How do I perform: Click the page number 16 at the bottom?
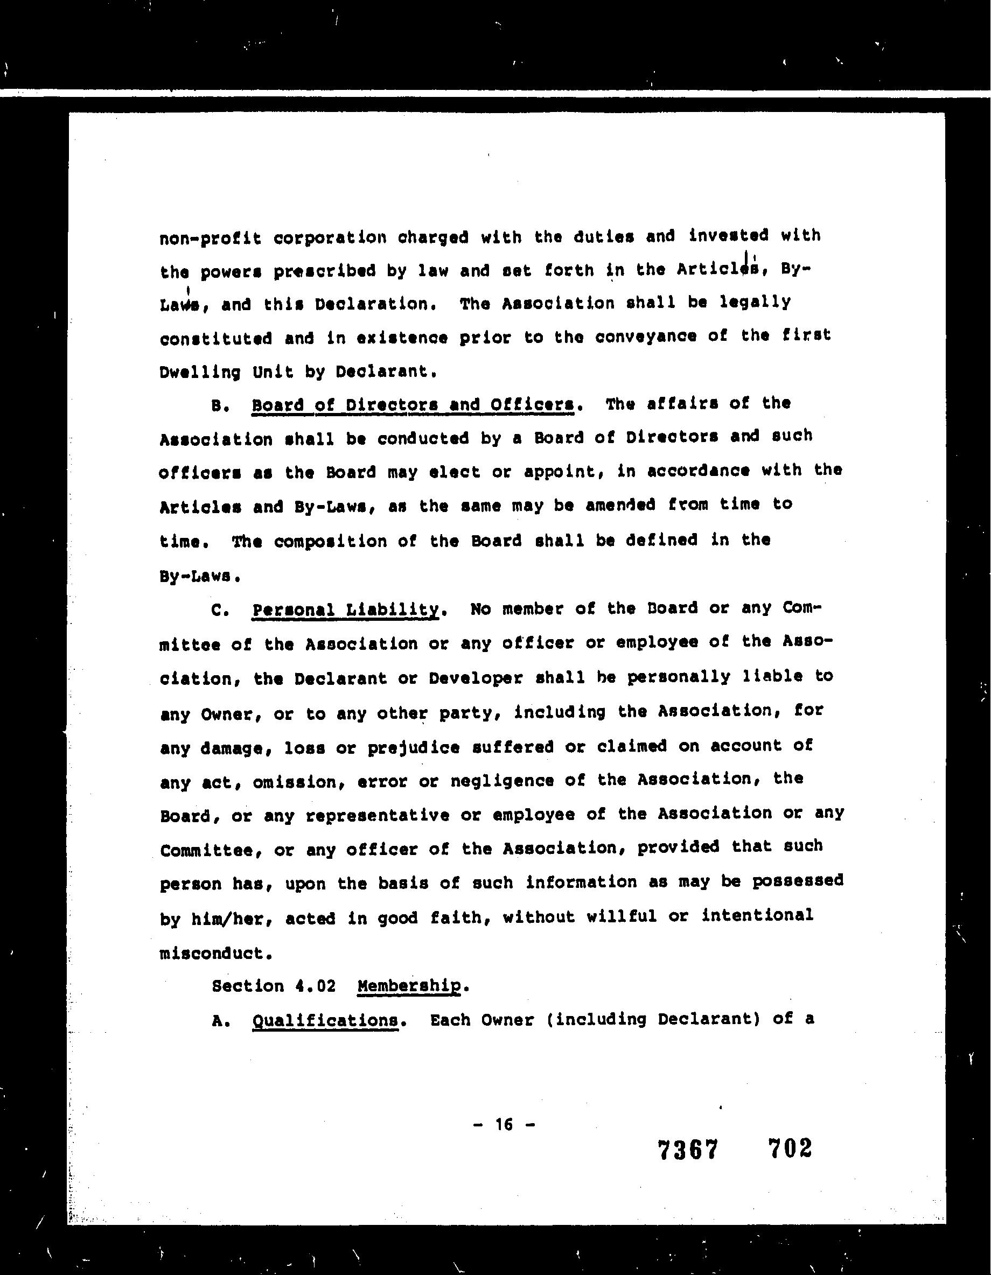pyautogui.click(x=504, y=1124)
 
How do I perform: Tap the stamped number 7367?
pyautogui.click(x=687, y=1150)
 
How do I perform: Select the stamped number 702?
pyautogui.click(x=790, y=1148)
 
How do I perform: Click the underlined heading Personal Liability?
pyautogui.click(x=345, y=610)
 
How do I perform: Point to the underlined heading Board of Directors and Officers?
pyautogui.click(x=412, y=404)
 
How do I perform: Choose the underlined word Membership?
pyautogui.click(x=409, y=986)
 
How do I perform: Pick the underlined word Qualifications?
pyautogui.click(x=325, y=1020)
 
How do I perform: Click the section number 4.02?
pyautogui.click(x=316, y=986)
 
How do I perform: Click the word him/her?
pyautogui.click(x=233, y=919)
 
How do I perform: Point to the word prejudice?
pyautogui.click(x=414, y=748)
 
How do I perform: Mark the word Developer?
pyautogui.click(x=476, y=678)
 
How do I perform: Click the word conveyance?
pyautogui.click(x=645, y=337)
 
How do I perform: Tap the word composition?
pyautogui.click(x=330, y=541)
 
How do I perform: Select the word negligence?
pyautogui.click(x=501, y=781)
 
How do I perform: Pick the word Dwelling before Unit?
pyautogui.click(x=200, y=372)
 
